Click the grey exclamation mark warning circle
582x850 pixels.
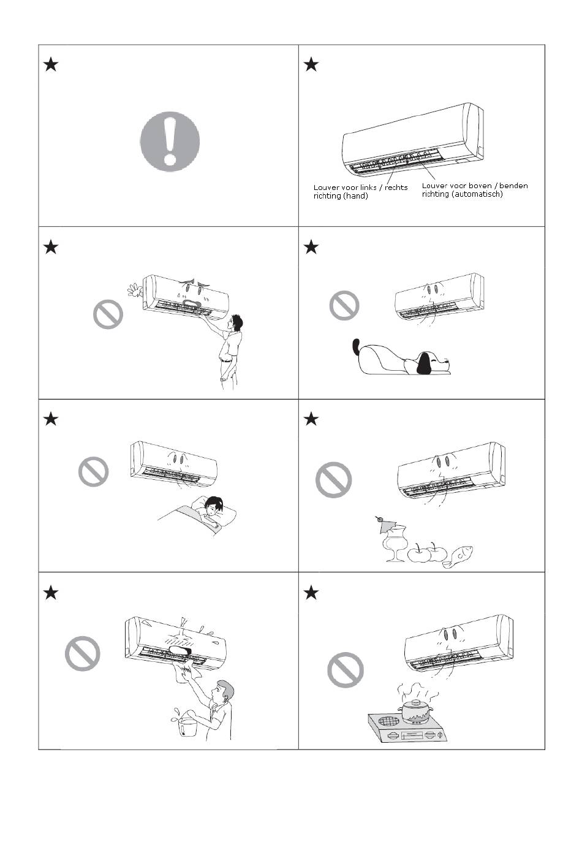point(170,142)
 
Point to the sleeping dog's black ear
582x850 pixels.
point(423,363)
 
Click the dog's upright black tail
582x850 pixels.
point(356,347)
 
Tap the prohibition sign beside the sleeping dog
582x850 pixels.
point(344,305)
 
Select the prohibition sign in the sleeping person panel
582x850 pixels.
point(93,471)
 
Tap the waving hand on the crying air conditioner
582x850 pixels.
point(135,290)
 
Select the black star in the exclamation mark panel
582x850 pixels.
point(51,64)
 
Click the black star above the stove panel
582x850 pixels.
point(311,592)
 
